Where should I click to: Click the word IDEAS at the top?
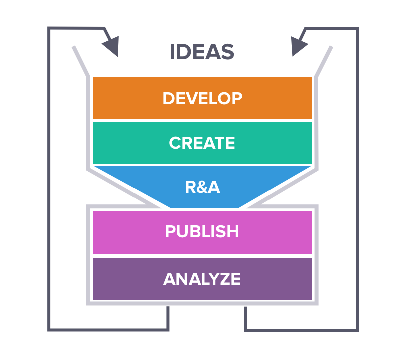coord(202,52)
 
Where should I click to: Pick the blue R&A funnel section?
coord(151,187)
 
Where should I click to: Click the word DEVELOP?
coord(202,98)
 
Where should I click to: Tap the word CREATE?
coord(202,143)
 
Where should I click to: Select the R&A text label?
coord(202,187)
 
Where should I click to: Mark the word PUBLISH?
coord(202,232)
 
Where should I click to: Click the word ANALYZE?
coord(202,279)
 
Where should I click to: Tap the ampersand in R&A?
coord(202,187)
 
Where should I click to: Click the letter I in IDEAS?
coord(172,52)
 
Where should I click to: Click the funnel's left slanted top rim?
coord(81,61)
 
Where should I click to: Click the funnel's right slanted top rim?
coord(323,61)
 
